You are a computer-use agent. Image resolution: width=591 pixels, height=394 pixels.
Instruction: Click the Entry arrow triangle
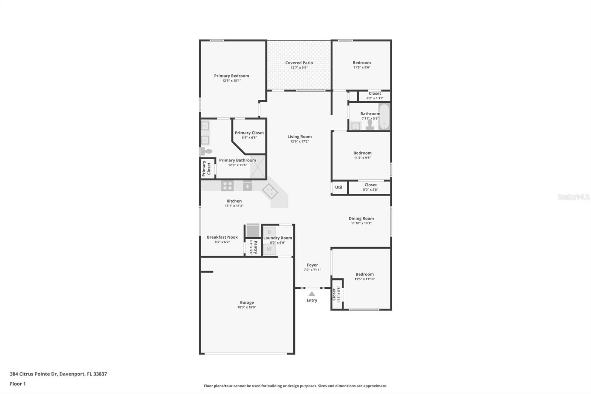(312, 293)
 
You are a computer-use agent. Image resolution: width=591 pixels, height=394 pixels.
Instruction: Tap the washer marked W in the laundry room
(269, 249)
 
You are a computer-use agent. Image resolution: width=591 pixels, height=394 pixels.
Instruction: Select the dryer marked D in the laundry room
(269, 232)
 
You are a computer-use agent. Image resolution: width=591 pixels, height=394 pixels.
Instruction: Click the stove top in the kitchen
(227, 186)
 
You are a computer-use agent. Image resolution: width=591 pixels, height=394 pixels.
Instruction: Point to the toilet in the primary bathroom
(206, 151)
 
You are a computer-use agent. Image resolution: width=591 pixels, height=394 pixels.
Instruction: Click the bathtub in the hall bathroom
(384, 117)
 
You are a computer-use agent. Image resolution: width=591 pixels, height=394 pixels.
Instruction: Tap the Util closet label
(339, 187)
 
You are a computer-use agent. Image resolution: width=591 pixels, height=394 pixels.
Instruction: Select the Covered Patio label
(299, 63)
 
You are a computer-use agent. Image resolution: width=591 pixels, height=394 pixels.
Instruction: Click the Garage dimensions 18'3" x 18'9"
(247, 307)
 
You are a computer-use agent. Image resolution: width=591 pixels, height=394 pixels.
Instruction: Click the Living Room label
(300, 137)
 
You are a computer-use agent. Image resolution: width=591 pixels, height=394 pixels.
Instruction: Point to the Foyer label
(312, 265)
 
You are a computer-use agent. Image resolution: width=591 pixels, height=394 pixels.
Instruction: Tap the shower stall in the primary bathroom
(258, 167)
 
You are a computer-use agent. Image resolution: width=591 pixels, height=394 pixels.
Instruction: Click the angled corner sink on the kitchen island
(270, 191)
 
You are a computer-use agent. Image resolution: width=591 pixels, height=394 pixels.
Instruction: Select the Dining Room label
(361, 218)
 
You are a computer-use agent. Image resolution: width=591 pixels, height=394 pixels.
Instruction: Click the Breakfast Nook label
(222, 237)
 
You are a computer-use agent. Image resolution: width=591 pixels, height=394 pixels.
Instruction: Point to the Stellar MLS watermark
(573, 197)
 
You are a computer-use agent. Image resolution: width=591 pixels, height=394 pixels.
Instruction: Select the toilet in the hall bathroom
(370, 125)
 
